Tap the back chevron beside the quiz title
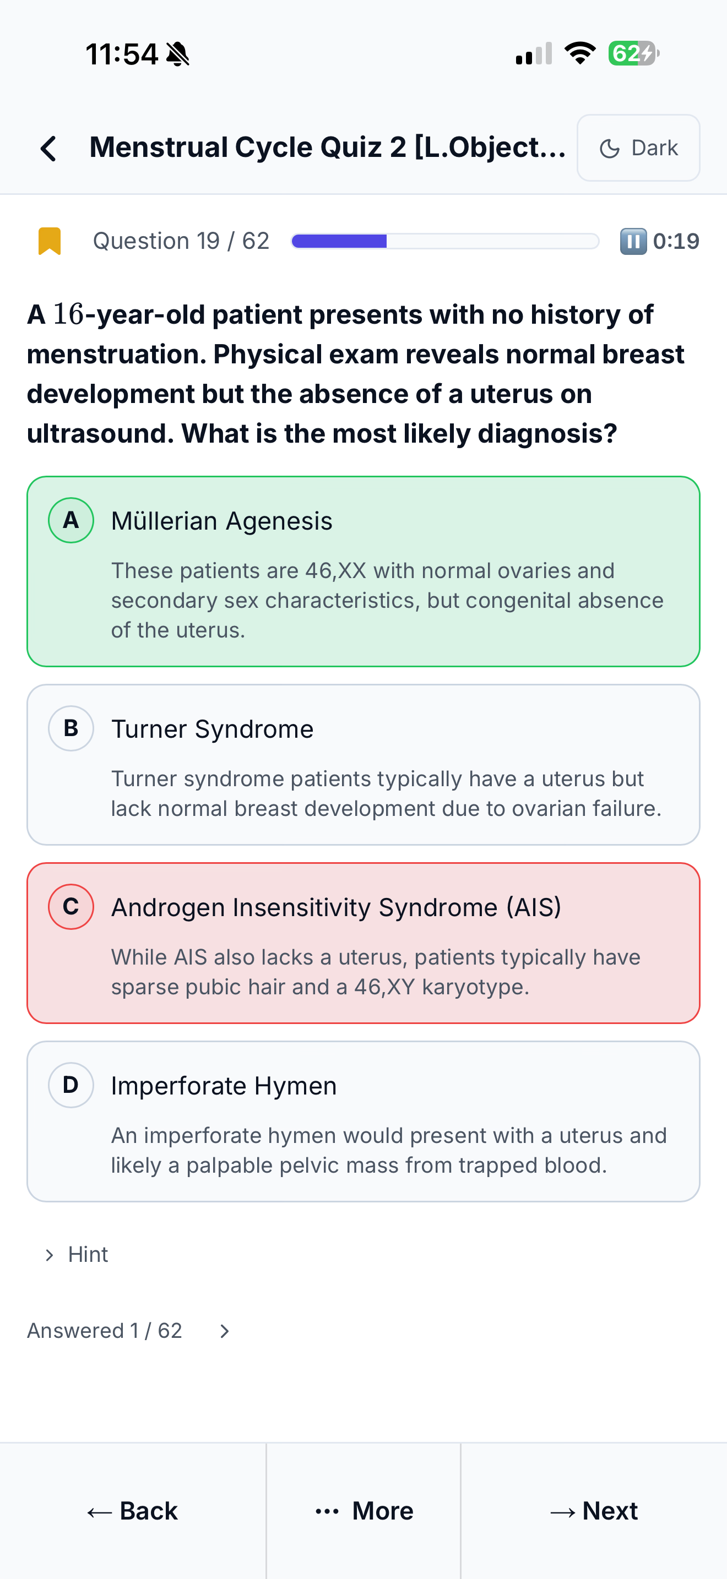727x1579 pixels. pyautogui.click(x=48, y=148)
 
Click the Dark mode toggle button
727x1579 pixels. pyautogui.click(x=638, y=148)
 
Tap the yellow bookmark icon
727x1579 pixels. pyautogui.click(x=50, y=241)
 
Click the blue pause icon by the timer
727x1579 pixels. pyautogui.click(x=633, y=241)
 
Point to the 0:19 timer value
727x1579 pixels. pyautogui.click(x=676, y=241)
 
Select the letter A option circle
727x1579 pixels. pyautogui.click(x=71, y=520)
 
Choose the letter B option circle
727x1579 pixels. pyautogui.click(x=71, y=728)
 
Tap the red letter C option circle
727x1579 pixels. pyautogui.click(x=71, y=907)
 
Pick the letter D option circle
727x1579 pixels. pyautogui.click(x=71, y=1085)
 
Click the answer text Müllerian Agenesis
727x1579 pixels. pyautogui.click(x=222, y=521)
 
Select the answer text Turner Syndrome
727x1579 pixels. pyautogui.click(x=212, y=729)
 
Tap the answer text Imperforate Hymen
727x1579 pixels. pyautogui.click(x=224, y=1086)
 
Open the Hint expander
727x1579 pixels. pyautogui.click(x=77, y=1254)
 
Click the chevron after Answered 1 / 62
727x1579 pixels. pyautogui.click(x=224, y=1331)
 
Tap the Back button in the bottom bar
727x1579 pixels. pyautogui.click(x=132, y=1511)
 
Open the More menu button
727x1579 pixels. pyautogui.click(x=363, y=1511)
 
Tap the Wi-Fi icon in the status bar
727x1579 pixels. pyautogui.click(x=580, y=53)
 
